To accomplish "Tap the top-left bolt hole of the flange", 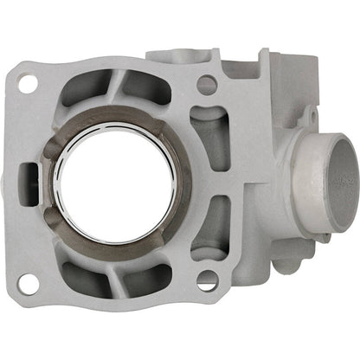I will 28,84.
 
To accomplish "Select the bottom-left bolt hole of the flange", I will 28,281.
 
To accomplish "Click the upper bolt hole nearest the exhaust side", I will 206,85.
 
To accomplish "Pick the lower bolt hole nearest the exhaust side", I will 206,279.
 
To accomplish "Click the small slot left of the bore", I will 34,183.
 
